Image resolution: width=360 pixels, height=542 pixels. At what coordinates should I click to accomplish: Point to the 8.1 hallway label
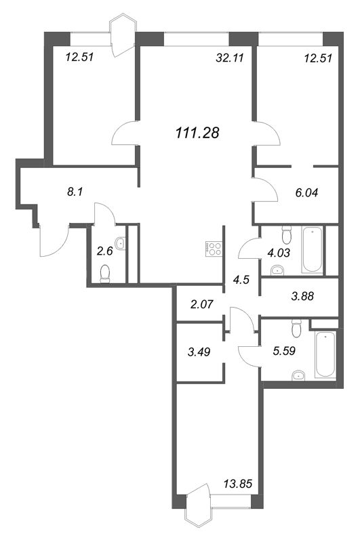[75, 192]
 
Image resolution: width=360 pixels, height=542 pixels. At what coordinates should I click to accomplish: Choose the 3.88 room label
[303, 295]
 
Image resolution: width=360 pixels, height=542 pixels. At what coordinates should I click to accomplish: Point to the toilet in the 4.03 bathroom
[287, 236]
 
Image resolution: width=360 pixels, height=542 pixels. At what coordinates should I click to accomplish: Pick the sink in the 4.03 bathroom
[277, 271]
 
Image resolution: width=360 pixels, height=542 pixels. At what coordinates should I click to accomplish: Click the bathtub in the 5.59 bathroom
[325, 354]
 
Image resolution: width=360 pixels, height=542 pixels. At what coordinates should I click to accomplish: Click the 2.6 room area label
[104, 251]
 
